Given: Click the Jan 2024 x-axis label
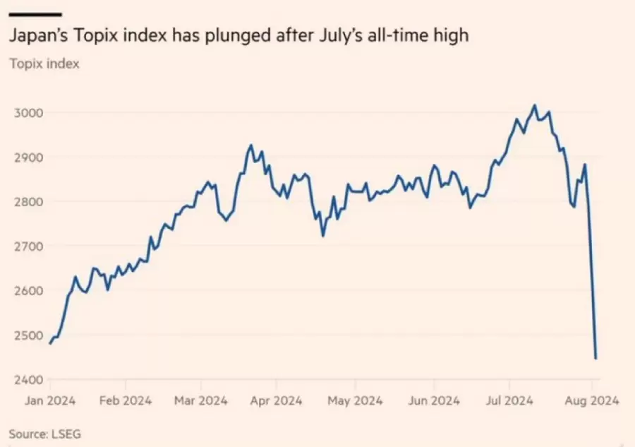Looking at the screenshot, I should (52, 400).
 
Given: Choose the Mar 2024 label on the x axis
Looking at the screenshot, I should (201, 400).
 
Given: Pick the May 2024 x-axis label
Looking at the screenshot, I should (355, 400).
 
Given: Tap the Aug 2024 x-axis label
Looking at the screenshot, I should (593, 400).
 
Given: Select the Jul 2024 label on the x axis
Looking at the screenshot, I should (510, 400).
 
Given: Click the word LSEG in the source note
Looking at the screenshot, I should (66, 433).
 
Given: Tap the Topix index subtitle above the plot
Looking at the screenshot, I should (44, 64).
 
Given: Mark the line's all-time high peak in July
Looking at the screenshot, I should (534, 106).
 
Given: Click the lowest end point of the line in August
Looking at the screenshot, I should (595, 359).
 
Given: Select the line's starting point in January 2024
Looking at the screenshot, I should (50, 343).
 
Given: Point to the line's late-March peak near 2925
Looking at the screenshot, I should (250, 145).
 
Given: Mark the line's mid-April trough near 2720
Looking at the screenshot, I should (323, 235).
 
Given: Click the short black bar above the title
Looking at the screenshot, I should (35, 13).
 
